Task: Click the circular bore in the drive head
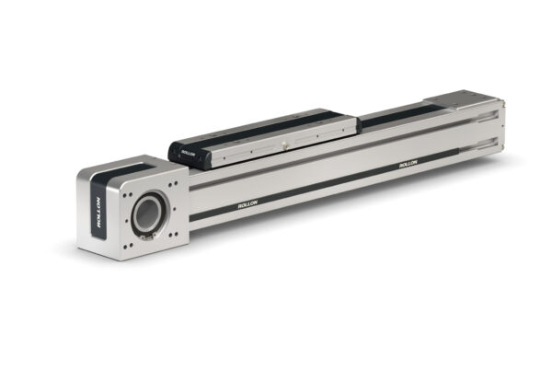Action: tap(147, 214)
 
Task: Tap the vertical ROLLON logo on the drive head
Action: tap(98, 213)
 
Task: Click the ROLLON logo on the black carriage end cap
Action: tap(188, 154)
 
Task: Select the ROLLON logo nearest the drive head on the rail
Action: tap(247, 204)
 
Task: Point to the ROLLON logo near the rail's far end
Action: tap(408, 164)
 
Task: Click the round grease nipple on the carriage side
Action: tap(284, 144)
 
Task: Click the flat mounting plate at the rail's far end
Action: tap(461, 100)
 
